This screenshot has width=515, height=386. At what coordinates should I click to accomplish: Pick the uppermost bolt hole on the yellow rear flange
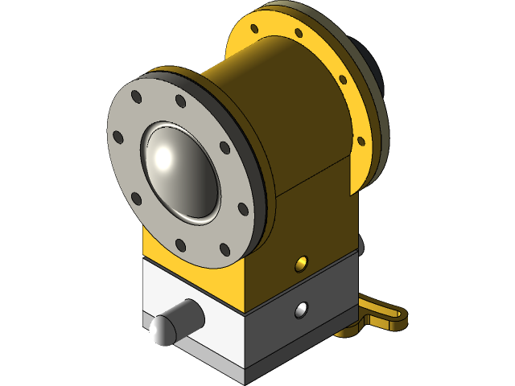[x=257, y=27]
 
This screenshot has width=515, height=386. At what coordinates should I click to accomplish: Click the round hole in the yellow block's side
[x=303, y=261]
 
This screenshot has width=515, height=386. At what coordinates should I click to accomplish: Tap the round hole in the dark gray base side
[x=302, y=309]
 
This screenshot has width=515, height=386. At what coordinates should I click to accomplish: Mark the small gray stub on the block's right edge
[x=363, y=244]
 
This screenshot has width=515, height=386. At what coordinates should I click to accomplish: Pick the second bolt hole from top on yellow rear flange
[x=299, y=34]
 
